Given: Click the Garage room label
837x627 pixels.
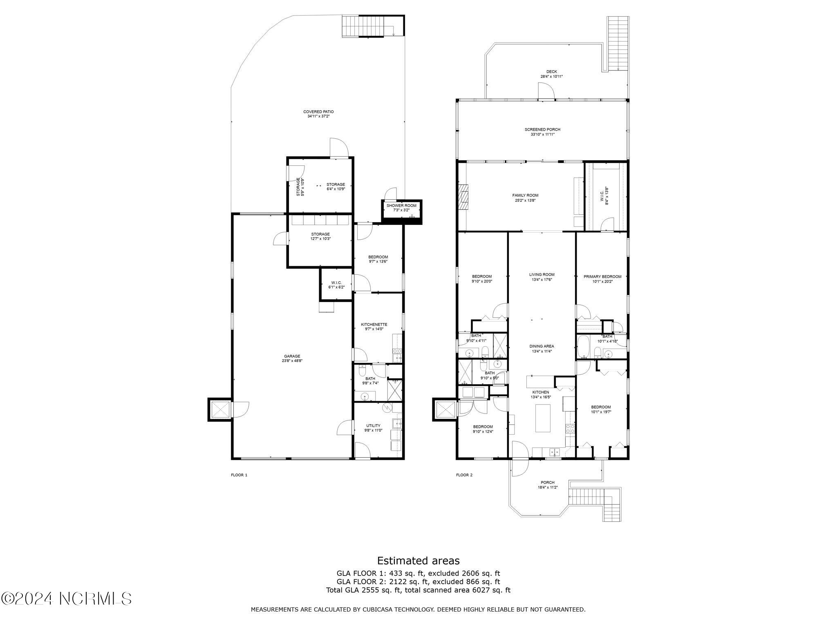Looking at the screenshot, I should [x=292, y=356].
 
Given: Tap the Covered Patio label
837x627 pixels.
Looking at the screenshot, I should [x=318, y=111].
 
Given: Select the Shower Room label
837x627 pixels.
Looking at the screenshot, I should [x=401, y=205].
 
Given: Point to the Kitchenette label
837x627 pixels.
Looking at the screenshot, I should [x=374, y=325].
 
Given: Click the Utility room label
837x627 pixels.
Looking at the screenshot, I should [x=373, y=425].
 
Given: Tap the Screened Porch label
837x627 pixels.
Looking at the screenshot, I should [x=542, y=129].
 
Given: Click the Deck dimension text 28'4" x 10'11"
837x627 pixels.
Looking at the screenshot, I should [x=551, y=76].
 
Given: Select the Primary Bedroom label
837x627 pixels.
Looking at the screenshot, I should [x=602, y=276].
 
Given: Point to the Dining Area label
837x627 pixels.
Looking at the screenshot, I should [x=542, y=346].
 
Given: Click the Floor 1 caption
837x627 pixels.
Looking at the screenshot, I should [x=239, y=475].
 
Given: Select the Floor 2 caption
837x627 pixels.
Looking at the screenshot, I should [x=464, y=475].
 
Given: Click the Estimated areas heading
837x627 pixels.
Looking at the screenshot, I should [x=418, y=560].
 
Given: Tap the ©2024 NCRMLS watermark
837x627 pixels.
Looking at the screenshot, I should [x=66, y=598].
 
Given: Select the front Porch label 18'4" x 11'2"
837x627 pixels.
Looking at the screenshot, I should [x=547, y=485].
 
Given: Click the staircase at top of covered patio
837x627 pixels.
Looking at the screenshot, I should [x=363, y=27].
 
